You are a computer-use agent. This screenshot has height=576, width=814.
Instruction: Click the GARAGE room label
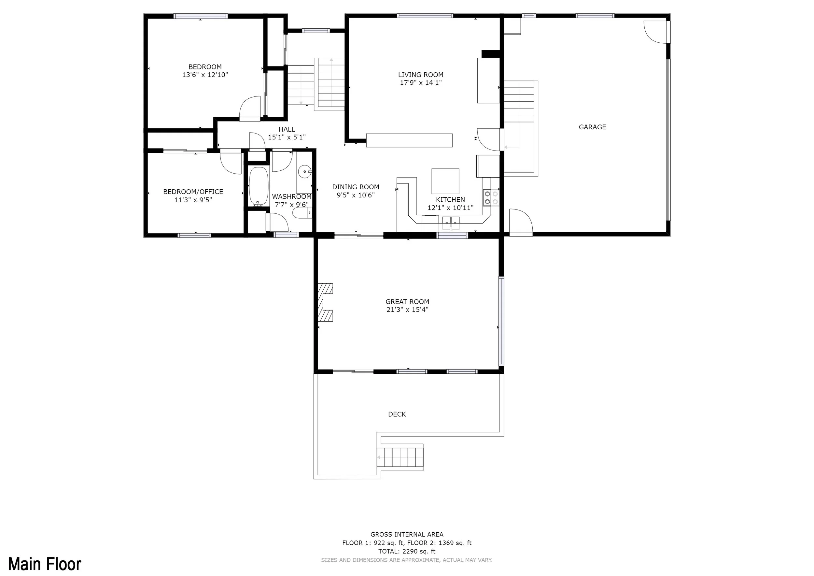point(592,127)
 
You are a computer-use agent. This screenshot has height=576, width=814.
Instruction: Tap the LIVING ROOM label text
point(420,75)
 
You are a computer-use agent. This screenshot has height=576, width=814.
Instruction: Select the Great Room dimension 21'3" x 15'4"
point(407,310)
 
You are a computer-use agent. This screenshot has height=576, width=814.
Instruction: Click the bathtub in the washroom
point(259,187)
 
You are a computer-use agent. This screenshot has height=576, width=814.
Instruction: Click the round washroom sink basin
point(304,172)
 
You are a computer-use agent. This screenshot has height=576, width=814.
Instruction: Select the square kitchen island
point(445,181)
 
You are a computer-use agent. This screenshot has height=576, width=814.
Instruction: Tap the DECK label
point(397,414)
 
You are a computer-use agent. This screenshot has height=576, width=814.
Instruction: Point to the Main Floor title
point(45,564)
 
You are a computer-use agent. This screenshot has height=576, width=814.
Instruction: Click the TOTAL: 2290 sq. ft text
point(407,551)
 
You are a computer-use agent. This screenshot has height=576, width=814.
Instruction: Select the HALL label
point(287,129)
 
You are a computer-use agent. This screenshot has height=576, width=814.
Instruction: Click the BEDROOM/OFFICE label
point(193,192)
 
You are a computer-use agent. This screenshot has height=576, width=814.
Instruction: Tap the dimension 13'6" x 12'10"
point(205,75)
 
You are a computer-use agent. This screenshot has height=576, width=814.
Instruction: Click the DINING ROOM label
point(356,187)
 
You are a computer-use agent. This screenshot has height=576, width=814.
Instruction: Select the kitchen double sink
point(451,223)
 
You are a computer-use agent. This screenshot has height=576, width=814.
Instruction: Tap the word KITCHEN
point(450,200)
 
